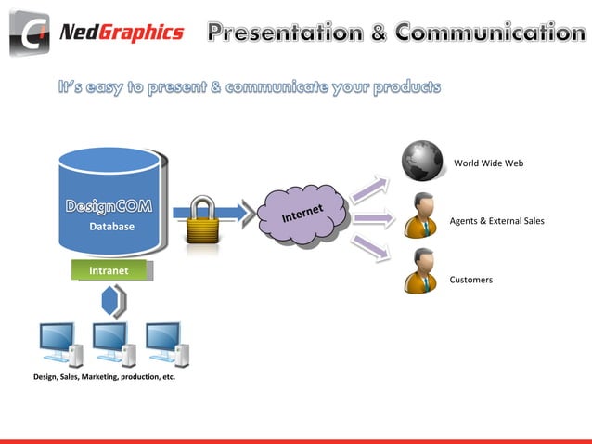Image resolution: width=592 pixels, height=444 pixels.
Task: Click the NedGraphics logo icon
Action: [31, 33]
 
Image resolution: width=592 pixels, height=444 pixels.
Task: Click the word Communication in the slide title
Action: [490, 33]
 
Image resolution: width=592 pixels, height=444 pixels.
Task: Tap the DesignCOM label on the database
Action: [109, 205]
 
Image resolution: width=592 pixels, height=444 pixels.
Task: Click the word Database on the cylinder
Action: [111, 227]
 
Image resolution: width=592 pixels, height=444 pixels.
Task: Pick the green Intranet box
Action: [109, 270]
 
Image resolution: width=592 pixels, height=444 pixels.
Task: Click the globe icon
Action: [424, 161]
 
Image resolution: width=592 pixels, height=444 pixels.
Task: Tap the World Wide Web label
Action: [488, 163]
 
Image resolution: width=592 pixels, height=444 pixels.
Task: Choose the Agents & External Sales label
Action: [496, 221]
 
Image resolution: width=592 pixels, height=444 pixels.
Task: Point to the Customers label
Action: [470, 280]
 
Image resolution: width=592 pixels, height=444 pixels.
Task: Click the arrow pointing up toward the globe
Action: [372, 187]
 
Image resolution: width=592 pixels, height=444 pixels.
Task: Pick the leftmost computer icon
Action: [58, 344]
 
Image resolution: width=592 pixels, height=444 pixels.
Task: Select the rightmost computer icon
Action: [167, 344]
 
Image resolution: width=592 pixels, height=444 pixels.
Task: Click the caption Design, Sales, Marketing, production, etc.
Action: [104, 378]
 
